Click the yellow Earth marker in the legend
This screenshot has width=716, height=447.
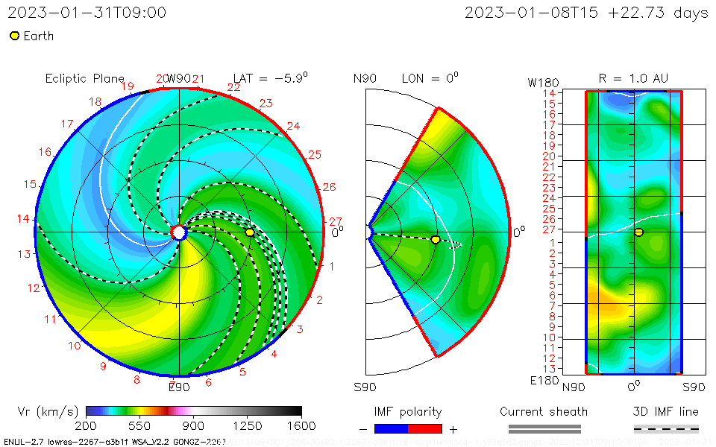pos(14,36)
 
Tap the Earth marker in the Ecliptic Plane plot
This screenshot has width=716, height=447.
pos(250,232)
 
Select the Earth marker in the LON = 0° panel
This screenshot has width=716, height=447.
pos(436,239)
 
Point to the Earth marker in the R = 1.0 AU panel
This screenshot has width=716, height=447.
pos(639,232)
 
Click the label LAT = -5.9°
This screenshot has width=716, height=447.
pos(271,78)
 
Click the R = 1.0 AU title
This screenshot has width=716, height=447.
pos(633,78)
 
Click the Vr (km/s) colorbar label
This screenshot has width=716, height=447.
pos(48,411)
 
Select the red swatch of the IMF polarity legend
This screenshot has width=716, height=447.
pos(426,428)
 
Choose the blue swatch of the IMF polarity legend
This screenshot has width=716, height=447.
pos(391,428)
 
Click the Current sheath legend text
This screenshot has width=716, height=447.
pos(544,411)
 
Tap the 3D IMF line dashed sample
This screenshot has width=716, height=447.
pos(666,428)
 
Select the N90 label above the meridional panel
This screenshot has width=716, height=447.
pos(365,78)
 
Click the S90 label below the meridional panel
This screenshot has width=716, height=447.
pos(365,387)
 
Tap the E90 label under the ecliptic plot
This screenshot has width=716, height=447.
pos(179,387)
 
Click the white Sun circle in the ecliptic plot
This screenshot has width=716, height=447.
pos(179,232)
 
